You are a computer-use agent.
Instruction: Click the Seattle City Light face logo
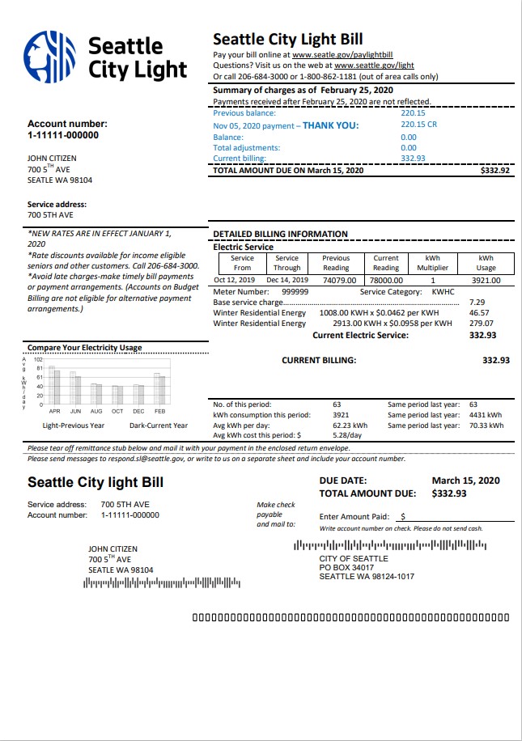tap(49, 57)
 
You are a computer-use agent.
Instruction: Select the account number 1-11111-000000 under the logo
tap(63, 135)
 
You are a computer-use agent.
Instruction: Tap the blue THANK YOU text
tap(330, 125)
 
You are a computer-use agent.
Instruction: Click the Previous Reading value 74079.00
tap(339, 280)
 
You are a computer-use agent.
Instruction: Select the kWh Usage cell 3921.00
tap(486, 280)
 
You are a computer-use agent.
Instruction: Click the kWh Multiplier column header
tap(432, 263)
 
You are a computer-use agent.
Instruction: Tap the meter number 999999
tap(295, 291)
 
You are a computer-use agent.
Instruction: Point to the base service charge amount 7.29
tap(477, 302)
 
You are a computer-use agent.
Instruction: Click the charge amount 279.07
tap(480, 324)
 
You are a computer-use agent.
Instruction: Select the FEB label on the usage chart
tap(160, 411)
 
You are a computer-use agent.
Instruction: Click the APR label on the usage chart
tap(55, 411)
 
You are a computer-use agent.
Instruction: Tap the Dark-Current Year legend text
tap(159, 426)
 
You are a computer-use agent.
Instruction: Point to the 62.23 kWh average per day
tap(350, 426)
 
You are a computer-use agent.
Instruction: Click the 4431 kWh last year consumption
tap(486, 415)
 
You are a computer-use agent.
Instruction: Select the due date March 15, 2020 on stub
tap(465, 481)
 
